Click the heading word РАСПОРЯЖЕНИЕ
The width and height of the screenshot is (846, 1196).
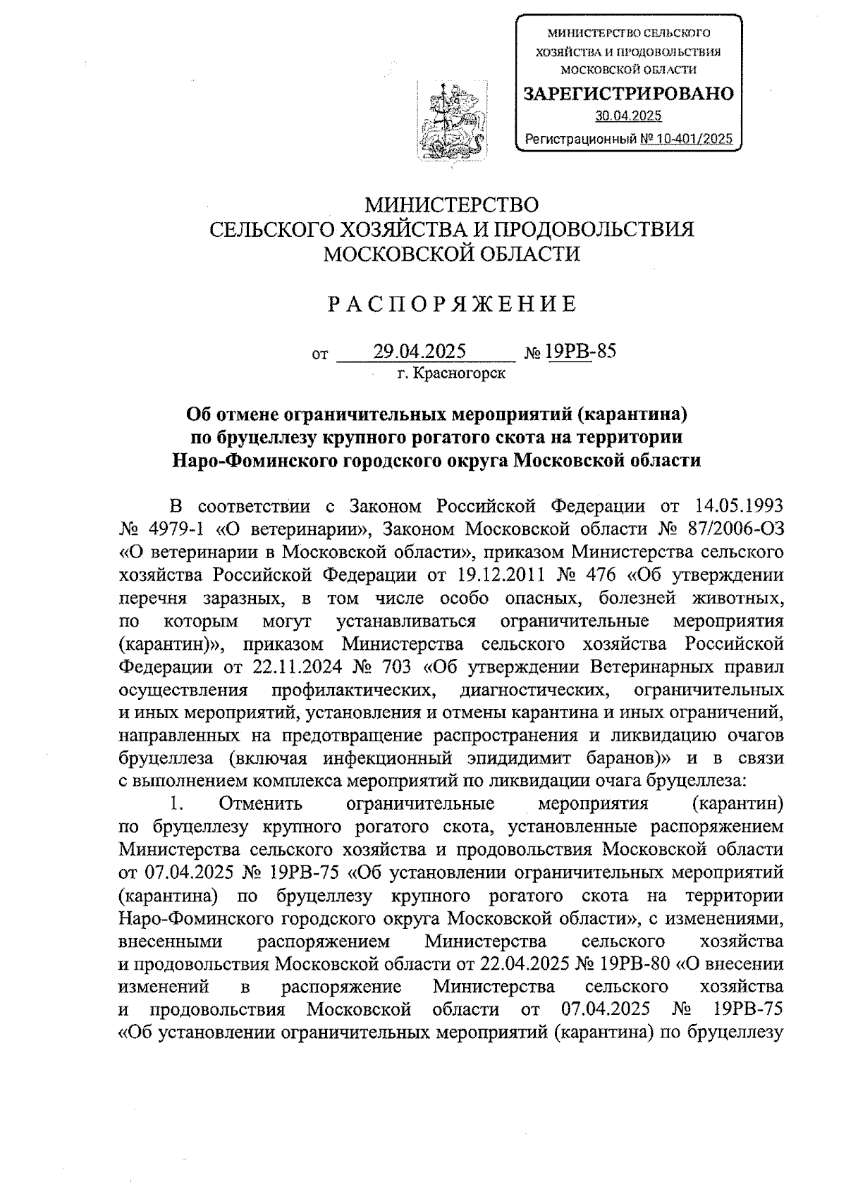pos(451,304)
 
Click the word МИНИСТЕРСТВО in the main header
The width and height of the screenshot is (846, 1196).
pos(451,205)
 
